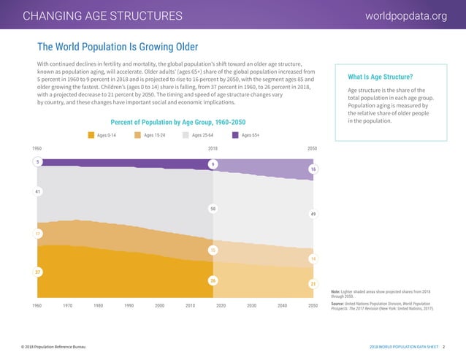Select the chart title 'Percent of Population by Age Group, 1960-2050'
(177, 121)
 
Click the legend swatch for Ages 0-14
(91, 135)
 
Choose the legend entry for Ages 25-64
(202, 135)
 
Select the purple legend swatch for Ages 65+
(236, 135)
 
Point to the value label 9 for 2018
(213, 164)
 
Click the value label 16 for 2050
(313, 169)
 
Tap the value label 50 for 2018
(213, 209)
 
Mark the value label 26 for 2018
(213, 280)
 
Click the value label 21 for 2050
(313, 283)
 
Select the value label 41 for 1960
(37, 191)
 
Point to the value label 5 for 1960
(37, 161)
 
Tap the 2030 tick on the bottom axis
(251, 305)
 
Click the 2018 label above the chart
(213, 148)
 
